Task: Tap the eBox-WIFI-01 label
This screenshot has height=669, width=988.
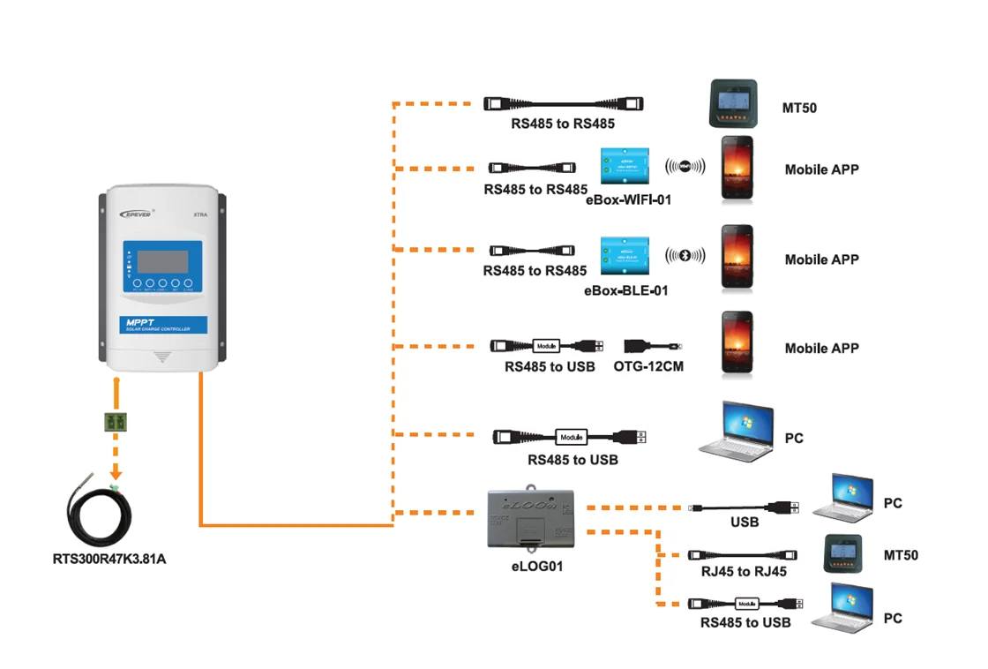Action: point(628,200)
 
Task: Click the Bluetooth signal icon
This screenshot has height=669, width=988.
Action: point(685,256)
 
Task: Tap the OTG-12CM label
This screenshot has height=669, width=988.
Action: point(648,366)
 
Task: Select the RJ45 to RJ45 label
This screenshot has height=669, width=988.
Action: point(744,571)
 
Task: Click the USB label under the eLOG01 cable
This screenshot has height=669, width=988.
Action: point(745,522)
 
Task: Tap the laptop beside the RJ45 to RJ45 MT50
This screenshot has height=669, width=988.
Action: point(842,606)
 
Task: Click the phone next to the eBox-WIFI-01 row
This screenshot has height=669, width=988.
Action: point(737,167)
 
